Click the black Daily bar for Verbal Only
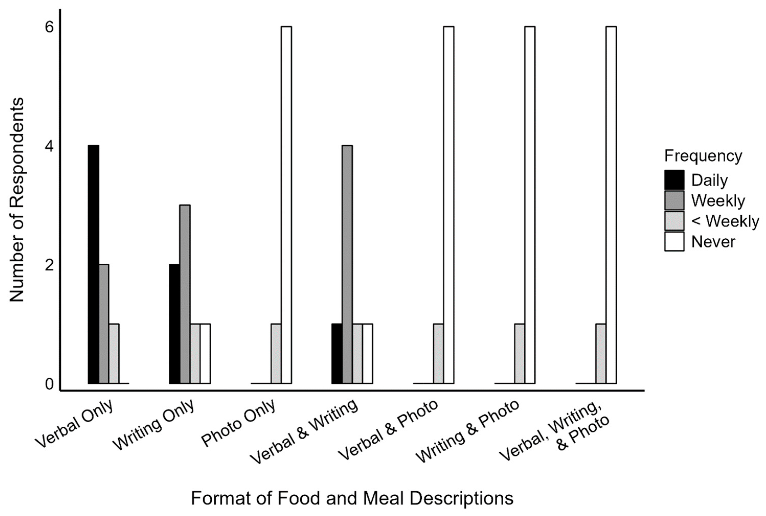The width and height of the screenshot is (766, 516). tap(94, 264)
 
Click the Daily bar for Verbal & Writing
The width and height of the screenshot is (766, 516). tap(337, 354)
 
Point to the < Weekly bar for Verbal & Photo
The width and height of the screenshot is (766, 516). tap(439, 354)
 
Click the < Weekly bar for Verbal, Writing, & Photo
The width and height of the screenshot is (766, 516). tap(601, 354)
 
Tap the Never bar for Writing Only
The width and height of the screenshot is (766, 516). tap(205, 354)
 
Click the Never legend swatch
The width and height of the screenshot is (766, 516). tap(674, 242)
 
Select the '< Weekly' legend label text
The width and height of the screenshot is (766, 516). tap(725, 221)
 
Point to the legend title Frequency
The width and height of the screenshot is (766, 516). tap(703, 156)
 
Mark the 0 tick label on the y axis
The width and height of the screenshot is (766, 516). tap(49, 384)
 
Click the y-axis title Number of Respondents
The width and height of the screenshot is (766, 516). tap(16, 200)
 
